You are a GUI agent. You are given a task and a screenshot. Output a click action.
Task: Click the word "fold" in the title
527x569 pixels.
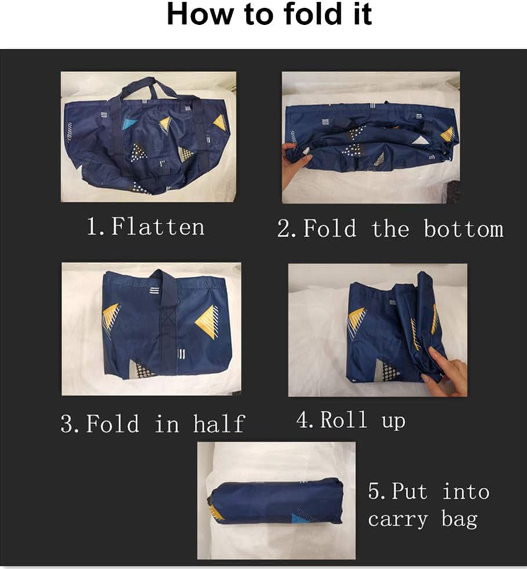(312, 14)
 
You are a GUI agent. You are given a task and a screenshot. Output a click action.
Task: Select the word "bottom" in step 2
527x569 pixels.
(464, 229)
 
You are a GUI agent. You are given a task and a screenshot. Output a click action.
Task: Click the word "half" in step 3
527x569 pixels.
(219, 423)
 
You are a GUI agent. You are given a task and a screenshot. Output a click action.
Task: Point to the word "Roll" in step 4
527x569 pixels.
(343, 419)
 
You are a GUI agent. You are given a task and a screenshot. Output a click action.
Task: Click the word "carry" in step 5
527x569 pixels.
(398, 520)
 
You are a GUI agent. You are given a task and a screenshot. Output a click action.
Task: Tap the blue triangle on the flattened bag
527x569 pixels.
(129, 124)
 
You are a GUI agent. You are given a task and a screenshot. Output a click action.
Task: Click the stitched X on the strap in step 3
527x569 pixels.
(168, 317)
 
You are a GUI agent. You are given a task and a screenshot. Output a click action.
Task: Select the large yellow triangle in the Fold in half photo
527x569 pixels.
(207, 321)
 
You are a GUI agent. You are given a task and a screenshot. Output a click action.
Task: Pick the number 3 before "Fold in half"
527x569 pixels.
(67, 423)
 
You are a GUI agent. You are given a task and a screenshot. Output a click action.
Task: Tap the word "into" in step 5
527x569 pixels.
(467, 492)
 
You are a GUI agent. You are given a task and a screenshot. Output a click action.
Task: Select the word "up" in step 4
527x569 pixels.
(393, 422)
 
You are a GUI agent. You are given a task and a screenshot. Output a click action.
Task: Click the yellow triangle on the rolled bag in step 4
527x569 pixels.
(357, 318)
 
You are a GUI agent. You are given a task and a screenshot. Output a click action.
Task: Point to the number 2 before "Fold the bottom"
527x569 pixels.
(284, 229)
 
